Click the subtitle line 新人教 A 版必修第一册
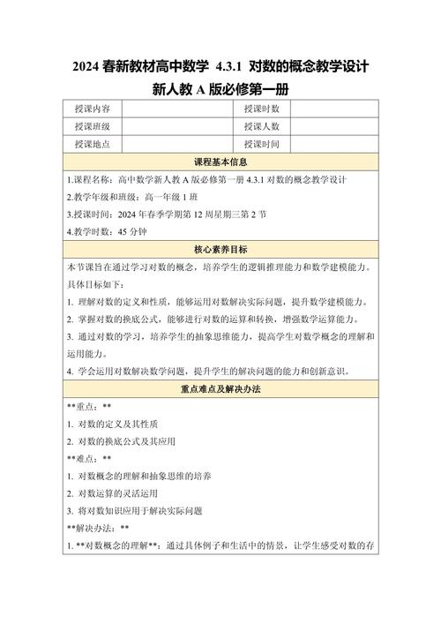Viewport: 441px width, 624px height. click(x=220, y=90)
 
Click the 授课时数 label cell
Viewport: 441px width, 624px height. click(x=262, y=109)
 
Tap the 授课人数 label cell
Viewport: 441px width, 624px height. click(x=262, y=126)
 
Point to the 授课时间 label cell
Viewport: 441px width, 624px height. click(x=262, y=144)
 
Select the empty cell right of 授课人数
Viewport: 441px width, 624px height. click(x=334, y=126)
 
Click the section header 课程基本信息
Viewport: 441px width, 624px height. click(x=220, y=162)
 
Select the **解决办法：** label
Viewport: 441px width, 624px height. click(x=98, y=528)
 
